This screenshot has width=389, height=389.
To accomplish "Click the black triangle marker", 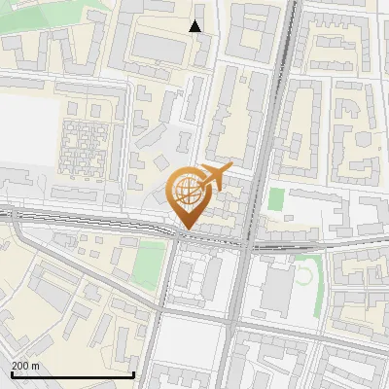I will pyautogui.click(x=195, y=26).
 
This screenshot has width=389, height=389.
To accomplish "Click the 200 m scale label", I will pyautogui.click(x=25, y=366).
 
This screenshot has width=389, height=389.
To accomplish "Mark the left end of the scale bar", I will pyautogui.click(x=11, y=374).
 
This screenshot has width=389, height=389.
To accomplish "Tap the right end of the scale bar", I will pyautogui.click(x=133, y=374).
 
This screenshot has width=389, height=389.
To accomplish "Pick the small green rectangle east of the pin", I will pyautogui.click(x=276, y=199).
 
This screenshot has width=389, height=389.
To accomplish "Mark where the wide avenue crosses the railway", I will pyautogui.click(x=247, y=243).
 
